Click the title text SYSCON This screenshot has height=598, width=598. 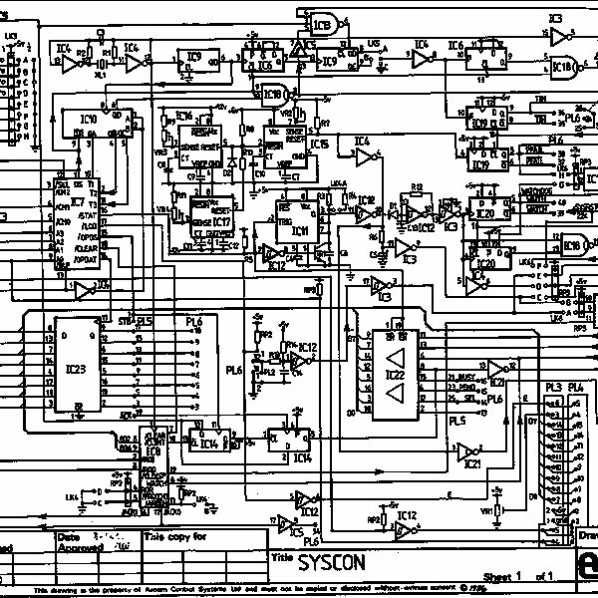[x=332, y=562]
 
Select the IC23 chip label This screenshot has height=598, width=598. [x=76, y=368]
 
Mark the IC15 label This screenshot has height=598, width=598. [x=319, y=146]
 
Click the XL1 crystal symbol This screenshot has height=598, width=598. [x=100, y=66]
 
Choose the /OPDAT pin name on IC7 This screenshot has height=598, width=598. [x=88, y=256]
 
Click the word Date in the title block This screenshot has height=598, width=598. [x=68, y=536]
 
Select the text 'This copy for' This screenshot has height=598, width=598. [x=175, y=536]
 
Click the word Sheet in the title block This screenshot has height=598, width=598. [x=496, y=577]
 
